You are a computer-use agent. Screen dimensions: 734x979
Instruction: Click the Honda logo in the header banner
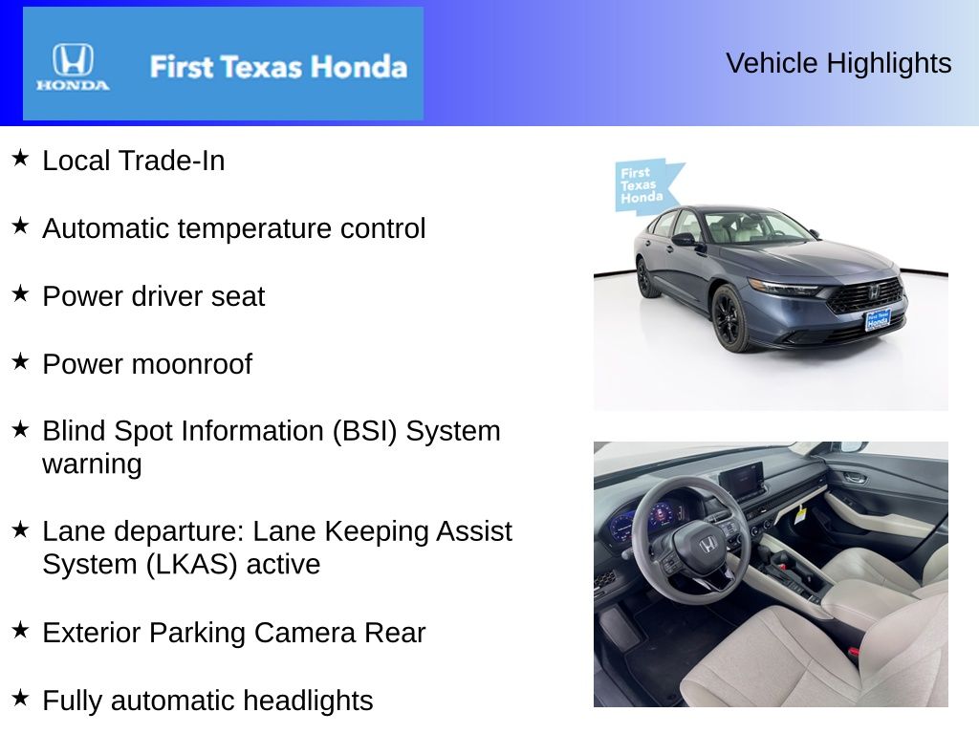73,66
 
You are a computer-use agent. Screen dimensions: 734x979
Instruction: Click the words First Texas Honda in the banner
278,67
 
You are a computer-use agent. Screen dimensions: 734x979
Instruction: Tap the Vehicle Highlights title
838,63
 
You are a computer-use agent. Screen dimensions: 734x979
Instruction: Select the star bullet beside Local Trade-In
20,158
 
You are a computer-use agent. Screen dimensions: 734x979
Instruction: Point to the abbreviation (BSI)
364,431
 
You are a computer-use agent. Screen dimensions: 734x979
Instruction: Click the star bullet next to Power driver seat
20,293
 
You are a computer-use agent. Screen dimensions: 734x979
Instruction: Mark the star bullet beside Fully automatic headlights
20,698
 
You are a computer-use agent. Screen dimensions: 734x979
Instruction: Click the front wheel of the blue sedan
730,317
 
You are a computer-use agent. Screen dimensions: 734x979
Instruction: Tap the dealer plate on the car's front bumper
878,320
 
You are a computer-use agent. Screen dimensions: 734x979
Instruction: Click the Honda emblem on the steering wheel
707,546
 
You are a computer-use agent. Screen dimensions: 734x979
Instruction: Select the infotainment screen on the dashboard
741,480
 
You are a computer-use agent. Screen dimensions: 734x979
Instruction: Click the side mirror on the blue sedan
684,239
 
